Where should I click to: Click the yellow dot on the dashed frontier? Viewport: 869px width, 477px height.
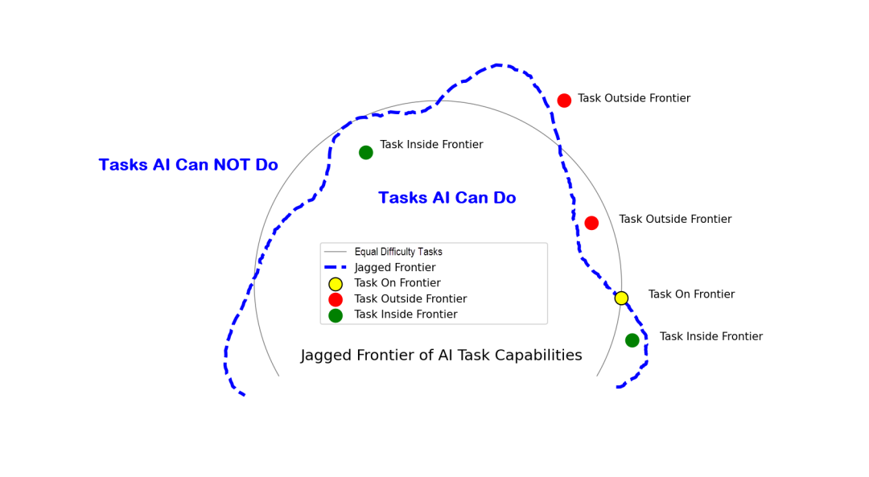[x=621, y=298]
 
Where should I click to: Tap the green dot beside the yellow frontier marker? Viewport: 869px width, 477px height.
[x=632, y=340]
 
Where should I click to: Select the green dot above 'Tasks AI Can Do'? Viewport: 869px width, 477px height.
[x=366, y=152]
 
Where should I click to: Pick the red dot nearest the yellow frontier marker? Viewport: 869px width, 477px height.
[x=591, y=223]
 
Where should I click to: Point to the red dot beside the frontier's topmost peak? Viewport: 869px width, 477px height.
[x=564, y=101]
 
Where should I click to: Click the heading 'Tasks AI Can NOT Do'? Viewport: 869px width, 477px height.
[x=188, y=165]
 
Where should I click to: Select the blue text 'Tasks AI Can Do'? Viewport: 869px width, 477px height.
[x=447, y=198]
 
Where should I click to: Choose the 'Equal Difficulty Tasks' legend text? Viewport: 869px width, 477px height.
[x=398, y=252]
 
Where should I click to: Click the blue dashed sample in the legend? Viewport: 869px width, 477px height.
[x=336, y=267]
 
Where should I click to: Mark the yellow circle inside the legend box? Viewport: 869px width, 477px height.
[x=336, y=284]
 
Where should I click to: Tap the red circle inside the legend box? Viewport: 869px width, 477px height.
[x=336, y=299]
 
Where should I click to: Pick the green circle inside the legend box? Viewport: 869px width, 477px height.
[x=336, y=315]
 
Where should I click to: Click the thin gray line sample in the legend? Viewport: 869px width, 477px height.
[x=336, y=252]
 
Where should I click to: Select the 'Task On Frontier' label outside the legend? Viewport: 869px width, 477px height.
[x=691, y=294]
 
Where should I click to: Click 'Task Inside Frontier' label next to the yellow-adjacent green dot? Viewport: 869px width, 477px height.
[x=711, y=337]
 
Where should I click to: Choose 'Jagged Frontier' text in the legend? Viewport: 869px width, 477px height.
[x=395, y=267]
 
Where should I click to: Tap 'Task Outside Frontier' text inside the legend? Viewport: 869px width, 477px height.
[x=410, y=299]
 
